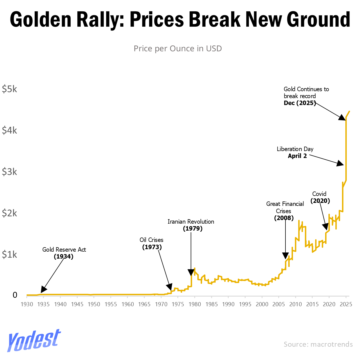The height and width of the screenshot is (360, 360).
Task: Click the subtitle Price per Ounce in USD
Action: coord(178,48)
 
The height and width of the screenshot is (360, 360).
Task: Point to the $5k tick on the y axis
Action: coord(9,89)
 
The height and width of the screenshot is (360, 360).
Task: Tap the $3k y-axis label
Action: coord(9,172)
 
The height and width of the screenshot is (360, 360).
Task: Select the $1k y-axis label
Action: coord(9,254)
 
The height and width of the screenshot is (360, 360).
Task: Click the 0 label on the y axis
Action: coord(15,295)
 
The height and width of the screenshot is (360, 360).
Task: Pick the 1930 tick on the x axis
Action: coord(27,304)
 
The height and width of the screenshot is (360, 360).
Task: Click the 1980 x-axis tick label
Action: coord(195,304)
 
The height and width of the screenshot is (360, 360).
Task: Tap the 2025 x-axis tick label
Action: coord(346,304)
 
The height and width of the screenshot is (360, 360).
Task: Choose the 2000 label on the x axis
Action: coord(262,304)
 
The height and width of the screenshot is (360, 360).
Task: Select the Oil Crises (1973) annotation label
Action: coord(152,243)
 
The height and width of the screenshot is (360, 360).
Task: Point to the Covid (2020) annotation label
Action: coord(320,197)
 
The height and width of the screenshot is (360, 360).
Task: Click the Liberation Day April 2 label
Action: coord(295,152)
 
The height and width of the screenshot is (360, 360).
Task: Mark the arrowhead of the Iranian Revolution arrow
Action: coord(191,272)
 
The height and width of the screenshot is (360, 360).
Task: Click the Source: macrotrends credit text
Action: coord(318,344)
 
